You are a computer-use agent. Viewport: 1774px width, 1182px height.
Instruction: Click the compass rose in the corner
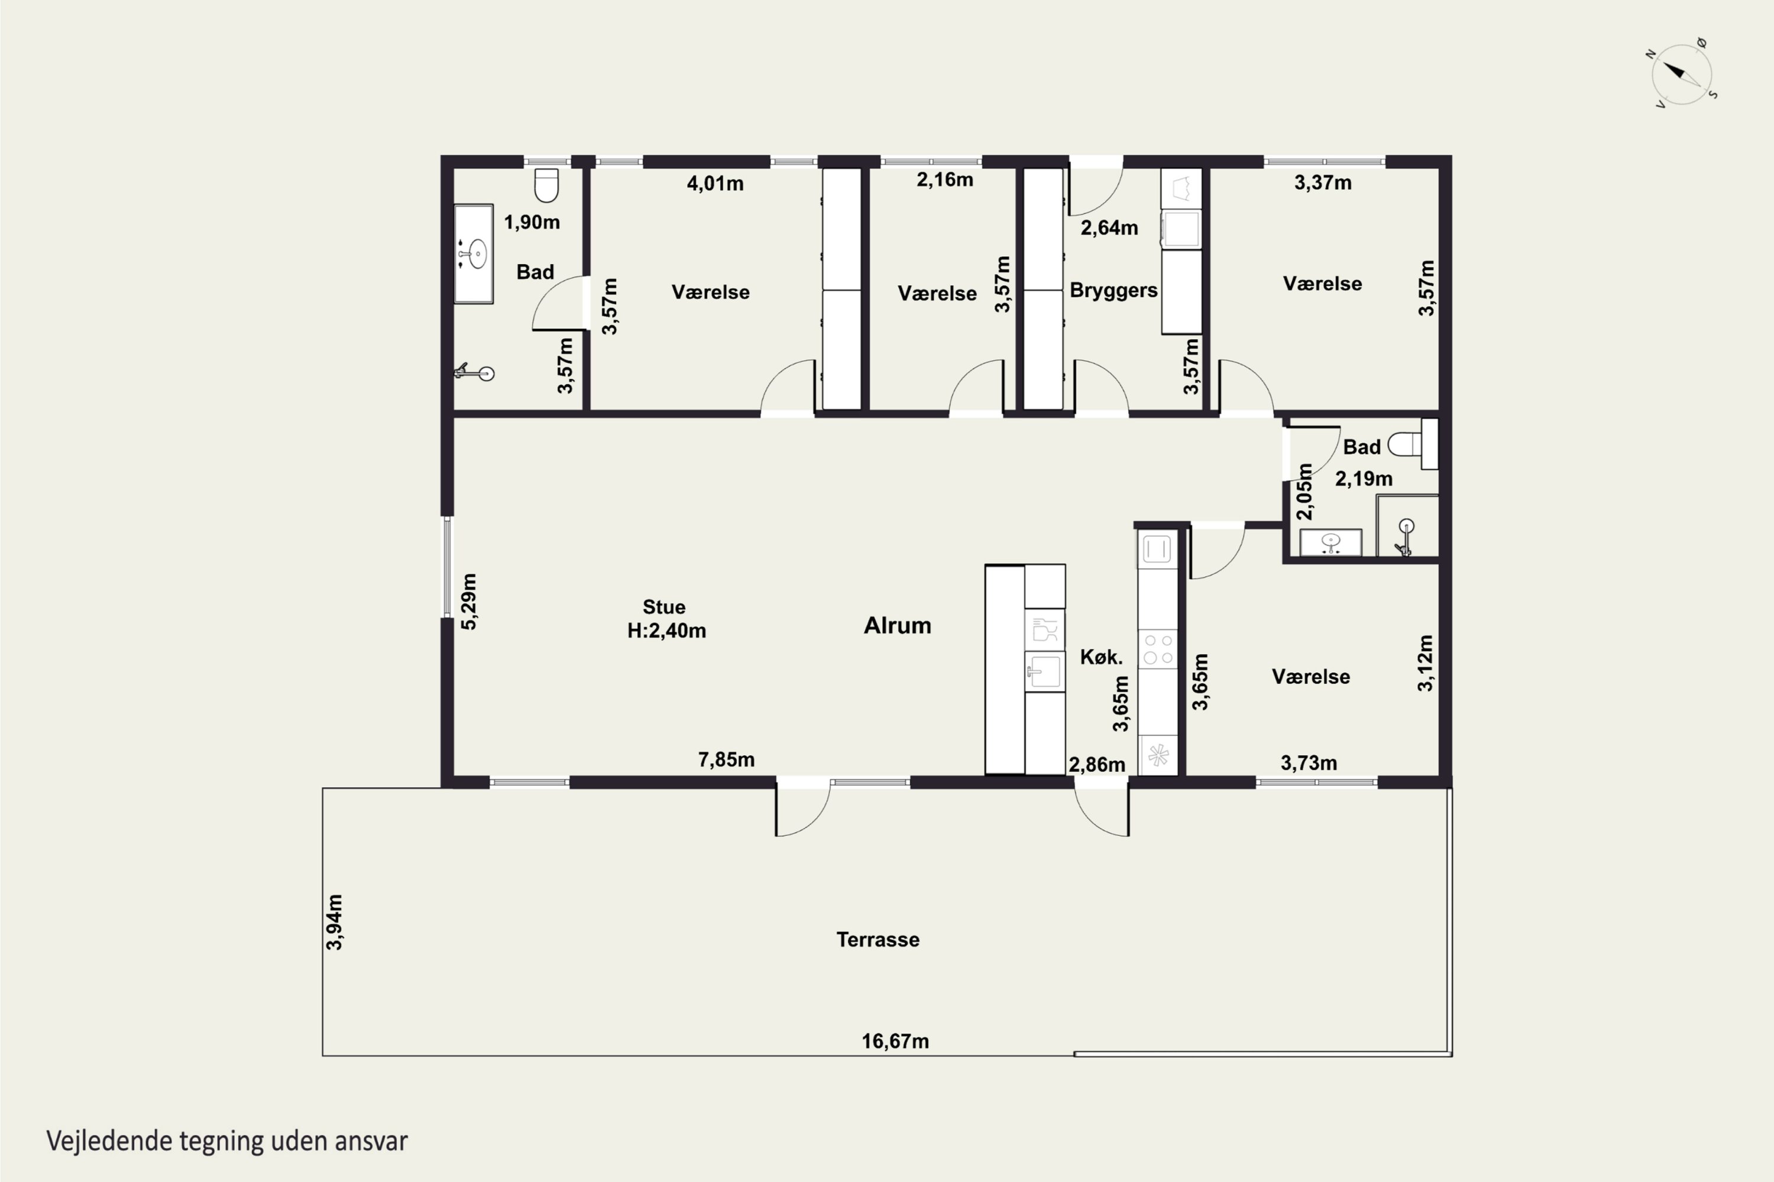(x=1681, y=74)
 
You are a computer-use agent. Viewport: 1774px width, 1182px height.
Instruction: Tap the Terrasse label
(x=878, y=939)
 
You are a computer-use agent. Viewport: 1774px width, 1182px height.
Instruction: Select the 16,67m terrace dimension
(x=895, y=1041)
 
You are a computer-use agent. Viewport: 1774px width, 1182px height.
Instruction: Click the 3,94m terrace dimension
(x=335, y=922)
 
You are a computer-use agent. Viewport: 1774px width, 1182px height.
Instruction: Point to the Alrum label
(x=898, y=625)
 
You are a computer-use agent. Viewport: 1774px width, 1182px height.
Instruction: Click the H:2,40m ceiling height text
(x=667, y=630)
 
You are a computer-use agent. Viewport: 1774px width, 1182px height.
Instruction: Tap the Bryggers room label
(x=1113, y=291)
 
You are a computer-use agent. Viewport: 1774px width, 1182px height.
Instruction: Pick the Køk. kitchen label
(x=1101, y=657)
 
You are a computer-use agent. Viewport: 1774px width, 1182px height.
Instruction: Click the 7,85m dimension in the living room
(x=726, y=759)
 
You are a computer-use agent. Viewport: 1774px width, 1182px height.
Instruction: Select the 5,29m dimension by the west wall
(x=468, y=602)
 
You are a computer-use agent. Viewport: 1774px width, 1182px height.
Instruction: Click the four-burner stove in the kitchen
(x=1158, y=649)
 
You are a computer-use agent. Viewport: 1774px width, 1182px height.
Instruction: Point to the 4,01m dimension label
(x=715, y=183)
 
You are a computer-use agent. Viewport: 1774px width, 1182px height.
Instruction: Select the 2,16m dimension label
(x=945, y=180)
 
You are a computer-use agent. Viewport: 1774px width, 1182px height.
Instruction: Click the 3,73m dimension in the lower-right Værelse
(x=1309, y=763)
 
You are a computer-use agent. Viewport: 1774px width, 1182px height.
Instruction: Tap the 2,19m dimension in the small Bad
(x=1364, y=479)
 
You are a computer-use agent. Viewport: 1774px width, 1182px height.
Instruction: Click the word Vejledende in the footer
(x=109, y=1141)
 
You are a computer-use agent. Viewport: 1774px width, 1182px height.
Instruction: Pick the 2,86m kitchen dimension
(x=1097, y=764)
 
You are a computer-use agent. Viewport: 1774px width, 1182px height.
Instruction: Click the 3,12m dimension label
(x=1425, y=663)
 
